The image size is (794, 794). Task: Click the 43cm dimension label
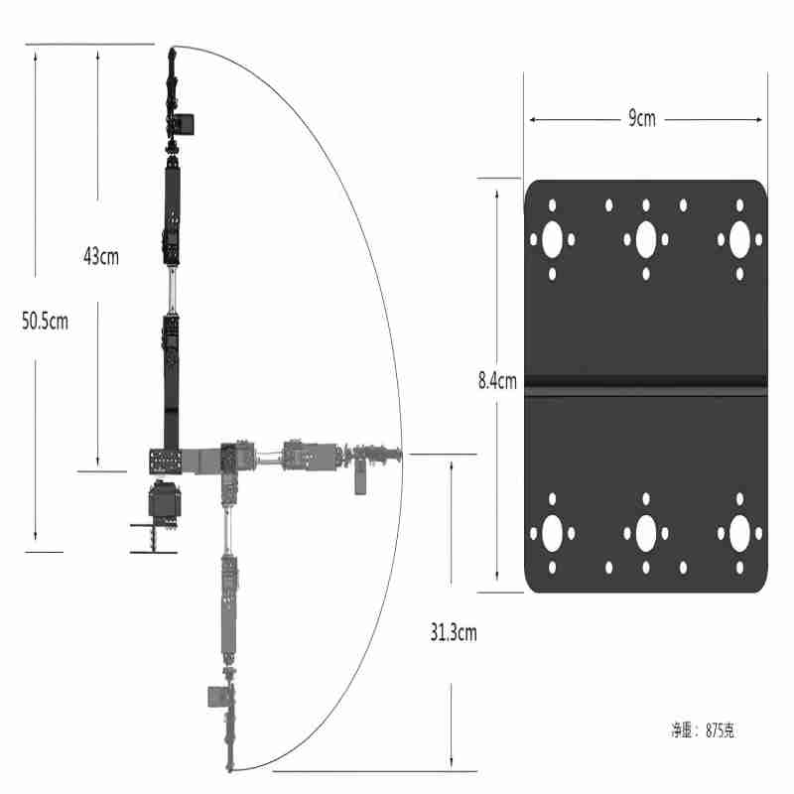(101, 256)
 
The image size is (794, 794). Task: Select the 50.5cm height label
(45, 321)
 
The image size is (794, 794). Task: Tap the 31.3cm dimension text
(453, 631)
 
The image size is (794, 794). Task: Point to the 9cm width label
(642, 119)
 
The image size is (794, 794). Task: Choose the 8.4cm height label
(497, 379)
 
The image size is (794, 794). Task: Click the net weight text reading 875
(703, 730)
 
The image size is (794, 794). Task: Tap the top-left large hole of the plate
(552, 239)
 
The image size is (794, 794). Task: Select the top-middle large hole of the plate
(646, 239)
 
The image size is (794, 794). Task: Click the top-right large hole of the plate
(739, 239)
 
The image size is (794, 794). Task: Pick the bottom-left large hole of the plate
(552, 534)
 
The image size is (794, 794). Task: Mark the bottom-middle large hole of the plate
(646, 534)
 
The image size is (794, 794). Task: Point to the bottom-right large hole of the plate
(739, 534)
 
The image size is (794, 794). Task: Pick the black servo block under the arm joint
(163, 501)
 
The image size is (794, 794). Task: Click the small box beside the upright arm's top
(185, 124)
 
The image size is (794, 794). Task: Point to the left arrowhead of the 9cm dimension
(532, 119)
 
